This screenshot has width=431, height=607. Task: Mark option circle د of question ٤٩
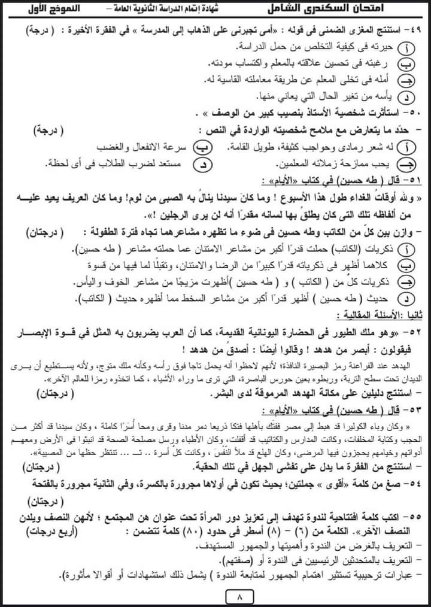(407, 96)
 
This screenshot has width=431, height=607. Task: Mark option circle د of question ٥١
(407, 298)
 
